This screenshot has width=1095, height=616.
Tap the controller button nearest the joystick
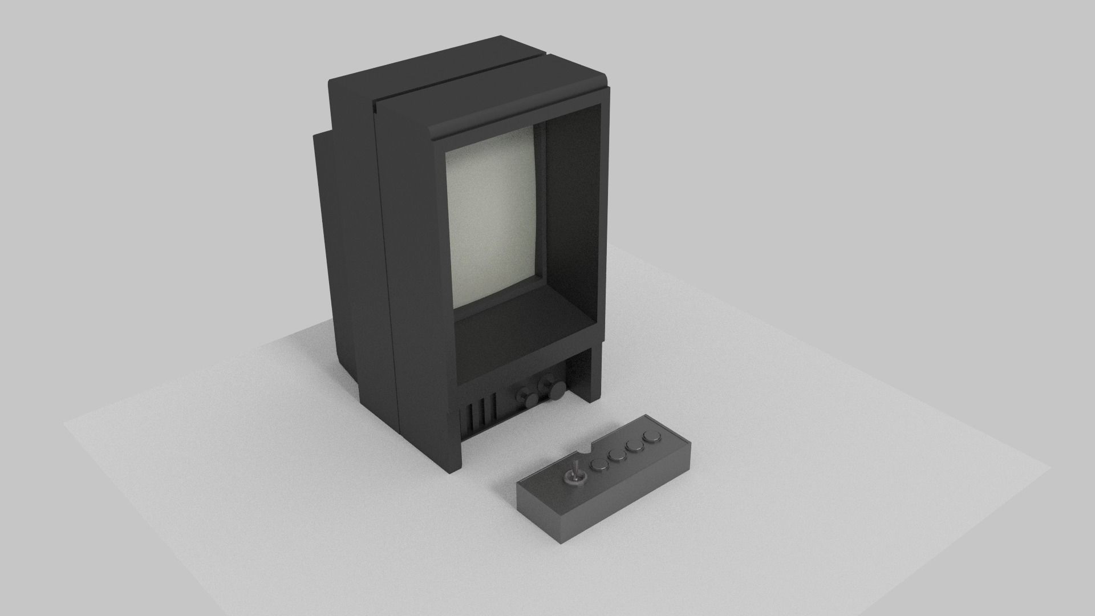pyautogui.click(x=599, y=465)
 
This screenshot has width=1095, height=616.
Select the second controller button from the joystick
pyautogui.click(x=617, y=455)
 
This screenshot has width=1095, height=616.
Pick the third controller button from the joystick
pyautogui.click(x=634, y=446)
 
